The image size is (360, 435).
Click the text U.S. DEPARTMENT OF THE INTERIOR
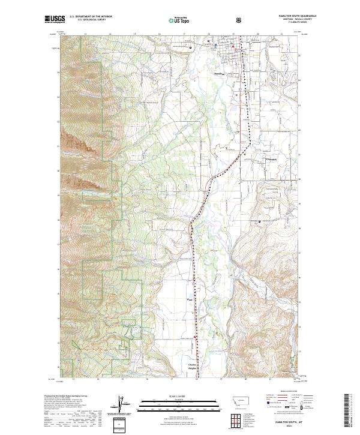[x=91, y=17]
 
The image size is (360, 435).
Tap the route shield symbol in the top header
[x=239, y=20]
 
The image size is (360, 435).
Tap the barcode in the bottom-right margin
[x=349, y=411]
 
